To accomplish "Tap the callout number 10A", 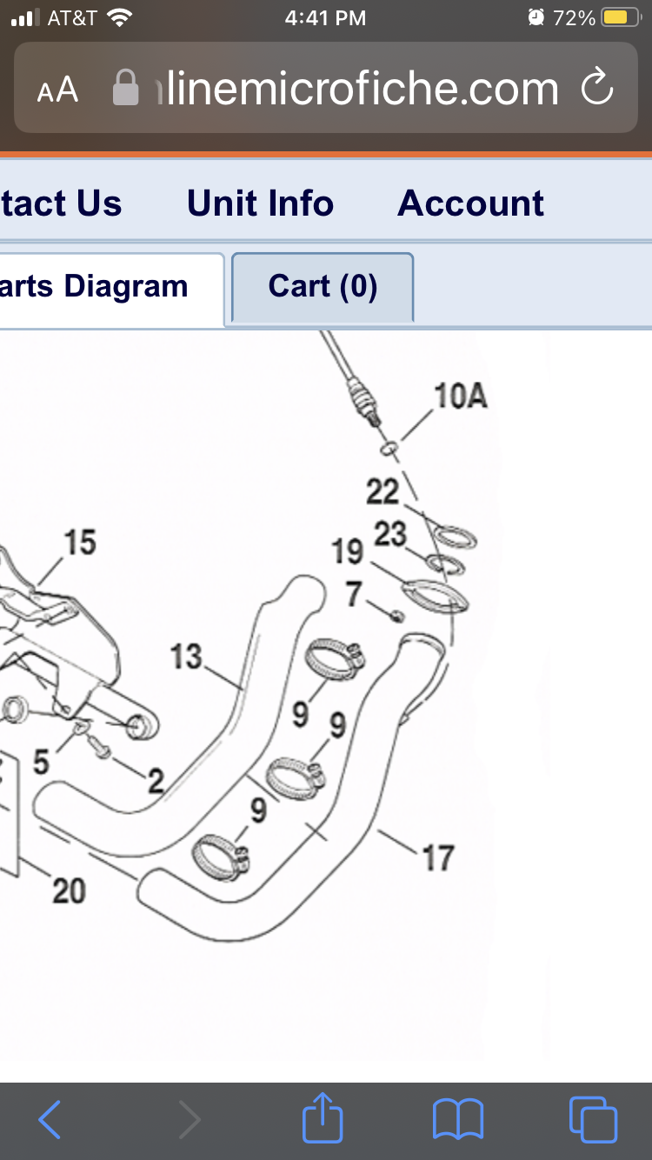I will pyautogui.click(x=460, y=397).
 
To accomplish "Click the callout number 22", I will pyautogui.click(x=382, y=492).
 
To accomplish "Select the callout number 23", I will pyautogui.click(x=390, y=534).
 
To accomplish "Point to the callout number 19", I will pyautogui.click(x=348, y=550).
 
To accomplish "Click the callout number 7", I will pyautogui.click(x=354, y=595).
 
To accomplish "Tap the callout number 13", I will pyautogui.click(x=186, y=657).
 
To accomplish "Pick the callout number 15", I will pyautogui.click(x=80, y=543).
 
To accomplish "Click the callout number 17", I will pyautogui.click(x=437, y=858).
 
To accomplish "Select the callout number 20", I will pyautogui.click(x=70, y=890).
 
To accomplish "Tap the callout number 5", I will pyautogui.click(x=41, y=761).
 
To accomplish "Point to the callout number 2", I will pyautogui.click(x=156, y=782).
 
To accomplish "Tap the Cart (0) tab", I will pyautogui.click(x=323, y=286).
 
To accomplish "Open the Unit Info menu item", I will pyautogui.click(x=260, y=203).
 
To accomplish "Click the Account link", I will pyautogui.click(x=470, y=203).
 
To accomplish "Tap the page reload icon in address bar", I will pyautogui.click(x=597, y=88).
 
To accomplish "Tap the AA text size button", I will pyautogui.click(x=57, y=90).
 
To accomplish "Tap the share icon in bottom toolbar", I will pyautogui.click(x=323, y=1119).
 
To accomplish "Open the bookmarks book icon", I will pyautogui.click(x=458, y=1119).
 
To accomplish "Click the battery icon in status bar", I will pyautogui.click(x=621, y=17).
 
